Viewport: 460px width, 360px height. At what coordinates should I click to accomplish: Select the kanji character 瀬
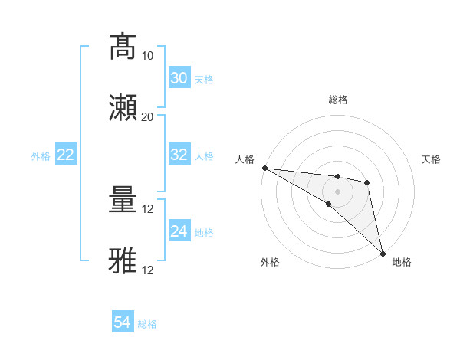coord(123,107)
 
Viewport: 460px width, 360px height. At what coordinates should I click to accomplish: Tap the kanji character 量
coord(123,201)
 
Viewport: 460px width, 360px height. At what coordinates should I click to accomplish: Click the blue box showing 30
coord(179,78)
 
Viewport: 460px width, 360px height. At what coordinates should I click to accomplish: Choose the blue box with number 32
coord(179,155)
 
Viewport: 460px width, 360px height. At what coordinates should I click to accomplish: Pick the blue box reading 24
coord(179,231)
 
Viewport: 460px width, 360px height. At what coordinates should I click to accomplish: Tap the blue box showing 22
coord(66,155)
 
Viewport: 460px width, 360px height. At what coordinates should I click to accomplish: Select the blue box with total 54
coord(123,323)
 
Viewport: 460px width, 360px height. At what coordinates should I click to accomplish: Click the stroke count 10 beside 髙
coord(148,56)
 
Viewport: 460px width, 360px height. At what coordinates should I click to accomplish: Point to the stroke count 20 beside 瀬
coord(148,117)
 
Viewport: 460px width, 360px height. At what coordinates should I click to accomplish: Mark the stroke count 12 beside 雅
coord(149,270)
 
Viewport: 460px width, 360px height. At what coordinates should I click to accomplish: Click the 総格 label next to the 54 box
coord(147,324)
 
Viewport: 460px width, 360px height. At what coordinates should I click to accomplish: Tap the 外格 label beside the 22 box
coord(41,155)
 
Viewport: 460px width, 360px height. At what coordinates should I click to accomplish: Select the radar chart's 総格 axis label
coord(337,100)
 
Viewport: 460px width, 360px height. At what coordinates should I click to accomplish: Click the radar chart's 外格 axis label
coord(270,262)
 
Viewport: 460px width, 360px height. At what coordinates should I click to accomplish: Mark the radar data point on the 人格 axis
coord(264,168)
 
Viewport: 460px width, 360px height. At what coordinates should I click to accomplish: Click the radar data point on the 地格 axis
coord(383,253)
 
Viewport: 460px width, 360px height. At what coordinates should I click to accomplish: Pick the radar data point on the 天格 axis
coord(367,182)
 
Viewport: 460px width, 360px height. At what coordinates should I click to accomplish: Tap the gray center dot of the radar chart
coord(337,191)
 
